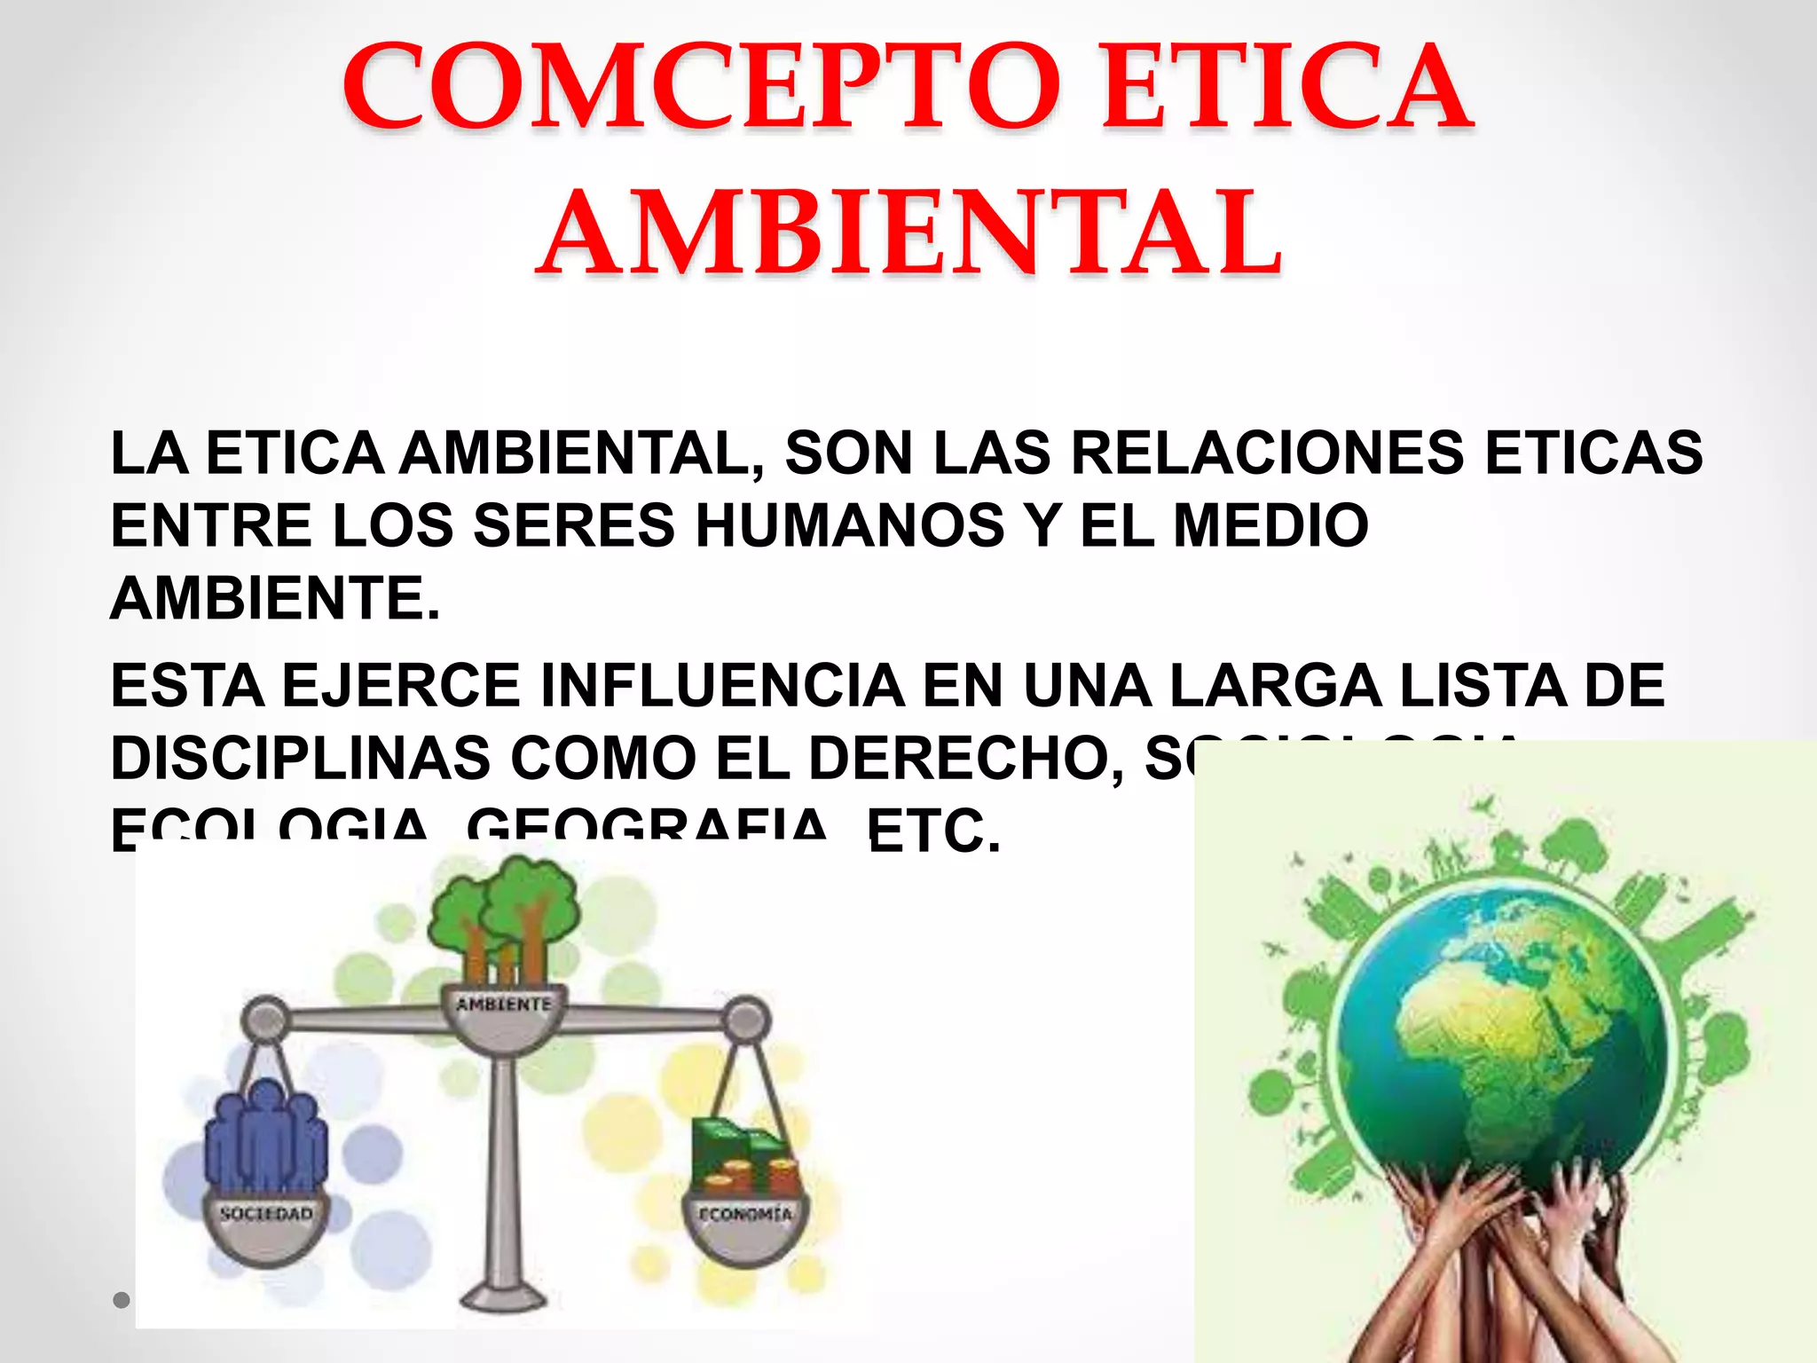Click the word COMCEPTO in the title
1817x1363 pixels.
point(701,86)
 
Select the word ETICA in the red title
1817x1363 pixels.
point(1286,86)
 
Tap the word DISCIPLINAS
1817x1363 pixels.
point(301,759)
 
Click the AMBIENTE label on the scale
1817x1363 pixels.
point(504,1005)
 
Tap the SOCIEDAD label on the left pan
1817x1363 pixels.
point(266,1213)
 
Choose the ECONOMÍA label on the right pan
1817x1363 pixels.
point(745,1214)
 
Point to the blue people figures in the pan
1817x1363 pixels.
point(265,1136)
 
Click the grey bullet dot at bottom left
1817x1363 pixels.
point(122,1300)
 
